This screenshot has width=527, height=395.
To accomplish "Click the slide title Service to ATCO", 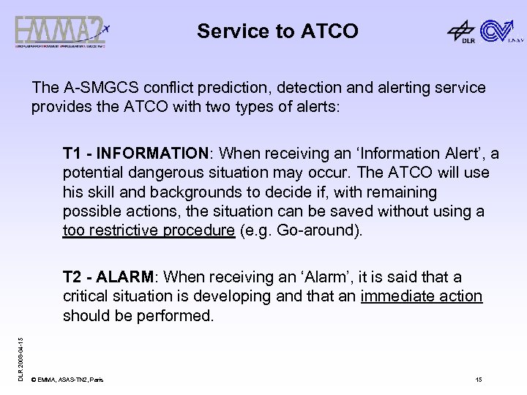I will point(277,31).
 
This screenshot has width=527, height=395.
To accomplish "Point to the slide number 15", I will point(479,380).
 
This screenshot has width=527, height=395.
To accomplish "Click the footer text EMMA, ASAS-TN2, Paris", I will point(70,380).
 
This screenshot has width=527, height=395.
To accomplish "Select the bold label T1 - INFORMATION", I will point(136,154).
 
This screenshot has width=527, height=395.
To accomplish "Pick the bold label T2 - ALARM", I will point(109,277).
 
